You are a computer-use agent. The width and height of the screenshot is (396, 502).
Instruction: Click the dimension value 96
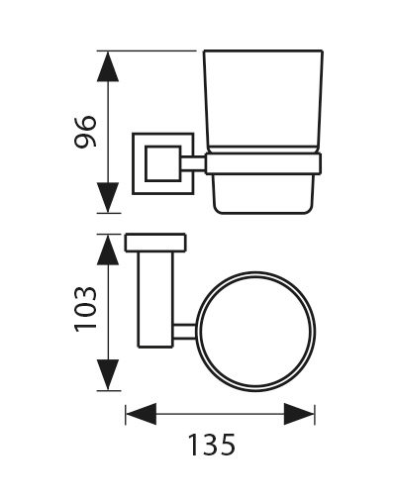click(85, 131)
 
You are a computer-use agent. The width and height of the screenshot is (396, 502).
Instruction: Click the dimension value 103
click(86, 309)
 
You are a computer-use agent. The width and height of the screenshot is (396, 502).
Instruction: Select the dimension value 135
click(212, 445)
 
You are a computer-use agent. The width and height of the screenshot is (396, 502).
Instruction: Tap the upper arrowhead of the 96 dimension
click(108, 66)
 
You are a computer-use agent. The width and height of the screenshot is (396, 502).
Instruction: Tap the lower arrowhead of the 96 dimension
click(108, 198)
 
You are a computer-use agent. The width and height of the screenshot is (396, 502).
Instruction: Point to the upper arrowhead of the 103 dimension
click(108, 250)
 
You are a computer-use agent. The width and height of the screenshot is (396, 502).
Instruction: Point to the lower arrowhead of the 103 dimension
click(108, 375)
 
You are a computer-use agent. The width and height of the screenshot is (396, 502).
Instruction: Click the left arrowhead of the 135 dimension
click(141, 414)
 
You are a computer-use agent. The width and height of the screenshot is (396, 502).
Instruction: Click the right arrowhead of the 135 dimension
click(299, 414)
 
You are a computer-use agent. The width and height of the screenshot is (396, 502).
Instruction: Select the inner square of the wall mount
click(163, 163)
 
